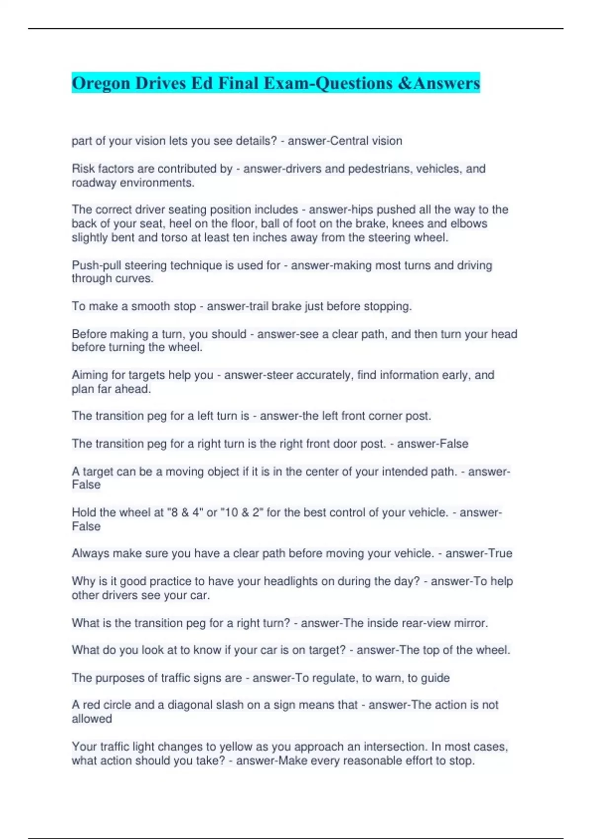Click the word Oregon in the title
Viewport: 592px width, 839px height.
click(101, 83)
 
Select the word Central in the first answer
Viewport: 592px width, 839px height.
click(349, 141)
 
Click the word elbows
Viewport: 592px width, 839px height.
click(469, 224)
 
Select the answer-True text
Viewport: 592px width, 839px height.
click(479, 554)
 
